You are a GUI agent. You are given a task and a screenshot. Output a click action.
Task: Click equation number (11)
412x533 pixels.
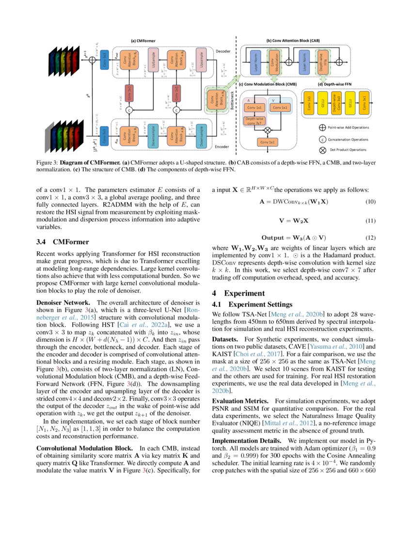(369, 221)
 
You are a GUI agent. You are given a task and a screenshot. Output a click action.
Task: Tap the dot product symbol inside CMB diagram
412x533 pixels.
(266, 130)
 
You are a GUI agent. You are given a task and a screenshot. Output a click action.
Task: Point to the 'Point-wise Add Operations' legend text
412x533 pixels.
(348, 127)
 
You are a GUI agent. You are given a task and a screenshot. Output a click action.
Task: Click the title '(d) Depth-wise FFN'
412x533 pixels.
(334, 84)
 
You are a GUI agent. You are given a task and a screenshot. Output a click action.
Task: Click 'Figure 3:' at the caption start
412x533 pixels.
(48, 163)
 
